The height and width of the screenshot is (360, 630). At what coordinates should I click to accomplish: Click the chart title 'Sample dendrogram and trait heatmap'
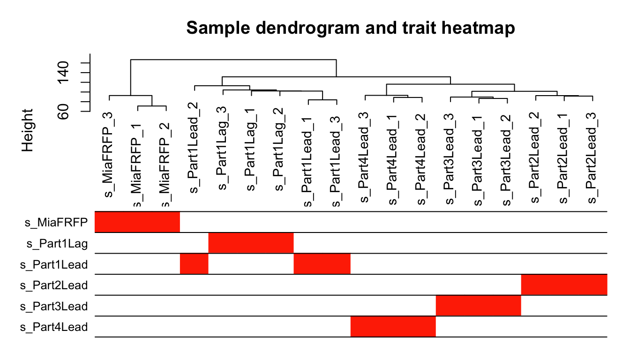[351, 29]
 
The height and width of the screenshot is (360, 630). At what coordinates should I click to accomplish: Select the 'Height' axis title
[28, 130]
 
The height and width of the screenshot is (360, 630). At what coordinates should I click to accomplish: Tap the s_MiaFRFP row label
[56, 222]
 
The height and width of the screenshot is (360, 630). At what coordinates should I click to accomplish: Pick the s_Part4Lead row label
[54, 327]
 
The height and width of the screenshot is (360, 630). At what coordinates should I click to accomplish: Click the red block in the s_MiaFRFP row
[137, 222]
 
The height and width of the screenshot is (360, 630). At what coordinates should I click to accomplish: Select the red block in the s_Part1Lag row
[251, 243]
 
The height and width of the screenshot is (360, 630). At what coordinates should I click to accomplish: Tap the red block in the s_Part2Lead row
[564, 285]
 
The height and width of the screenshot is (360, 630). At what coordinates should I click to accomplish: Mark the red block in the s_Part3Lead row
[478, 306]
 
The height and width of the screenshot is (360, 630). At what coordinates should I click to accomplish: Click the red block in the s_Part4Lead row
[393, 326]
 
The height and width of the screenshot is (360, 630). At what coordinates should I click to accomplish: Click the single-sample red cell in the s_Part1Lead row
[194, 264]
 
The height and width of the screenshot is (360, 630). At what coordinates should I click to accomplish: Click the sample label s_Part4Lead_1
[393, 159]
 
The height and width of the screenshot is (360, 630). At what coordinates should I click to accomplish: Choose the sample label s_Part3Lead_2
[506, 159]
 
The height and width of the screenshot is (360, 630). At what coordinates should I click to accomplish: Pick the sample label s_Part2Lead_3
[592, 159]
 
